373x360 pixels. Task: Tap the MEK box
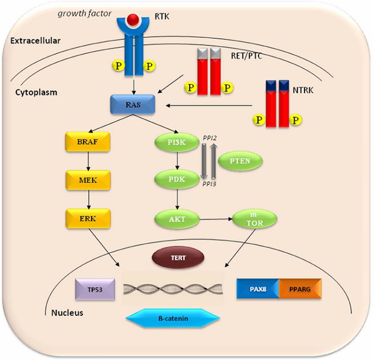84,181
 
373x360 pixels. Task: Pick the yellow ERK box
84,219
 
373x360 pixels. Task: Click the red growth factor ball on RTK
119,20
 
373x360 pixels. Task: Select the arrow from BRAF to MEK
84,162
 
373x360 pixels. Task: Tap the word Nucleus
68,313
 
